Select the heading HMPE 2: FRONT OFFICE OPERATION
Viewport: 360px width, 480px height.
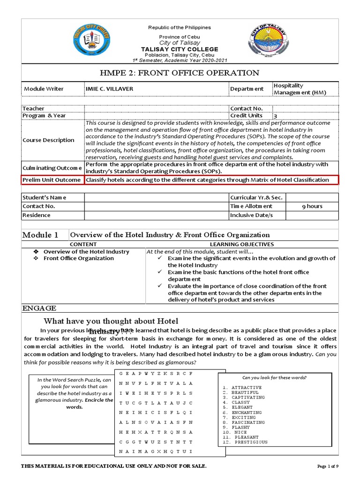180,73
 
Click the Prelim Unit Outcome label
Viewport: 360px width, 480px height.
52,180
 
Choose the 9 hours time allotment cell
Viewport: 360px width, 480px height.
312,206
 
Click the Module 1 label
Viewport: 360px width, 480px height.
41,235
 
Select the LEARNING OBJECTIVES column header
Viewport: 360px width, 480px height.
241,244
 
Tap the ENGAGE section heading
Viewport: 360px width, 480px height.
39,308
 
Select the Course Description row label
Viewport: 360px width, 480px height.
49,140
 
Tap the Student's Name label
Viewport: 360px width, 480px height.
45,197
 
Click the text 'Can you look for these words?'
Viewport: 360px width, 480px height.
275,378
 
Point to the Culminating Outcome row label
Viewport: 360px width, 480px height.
52,168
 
